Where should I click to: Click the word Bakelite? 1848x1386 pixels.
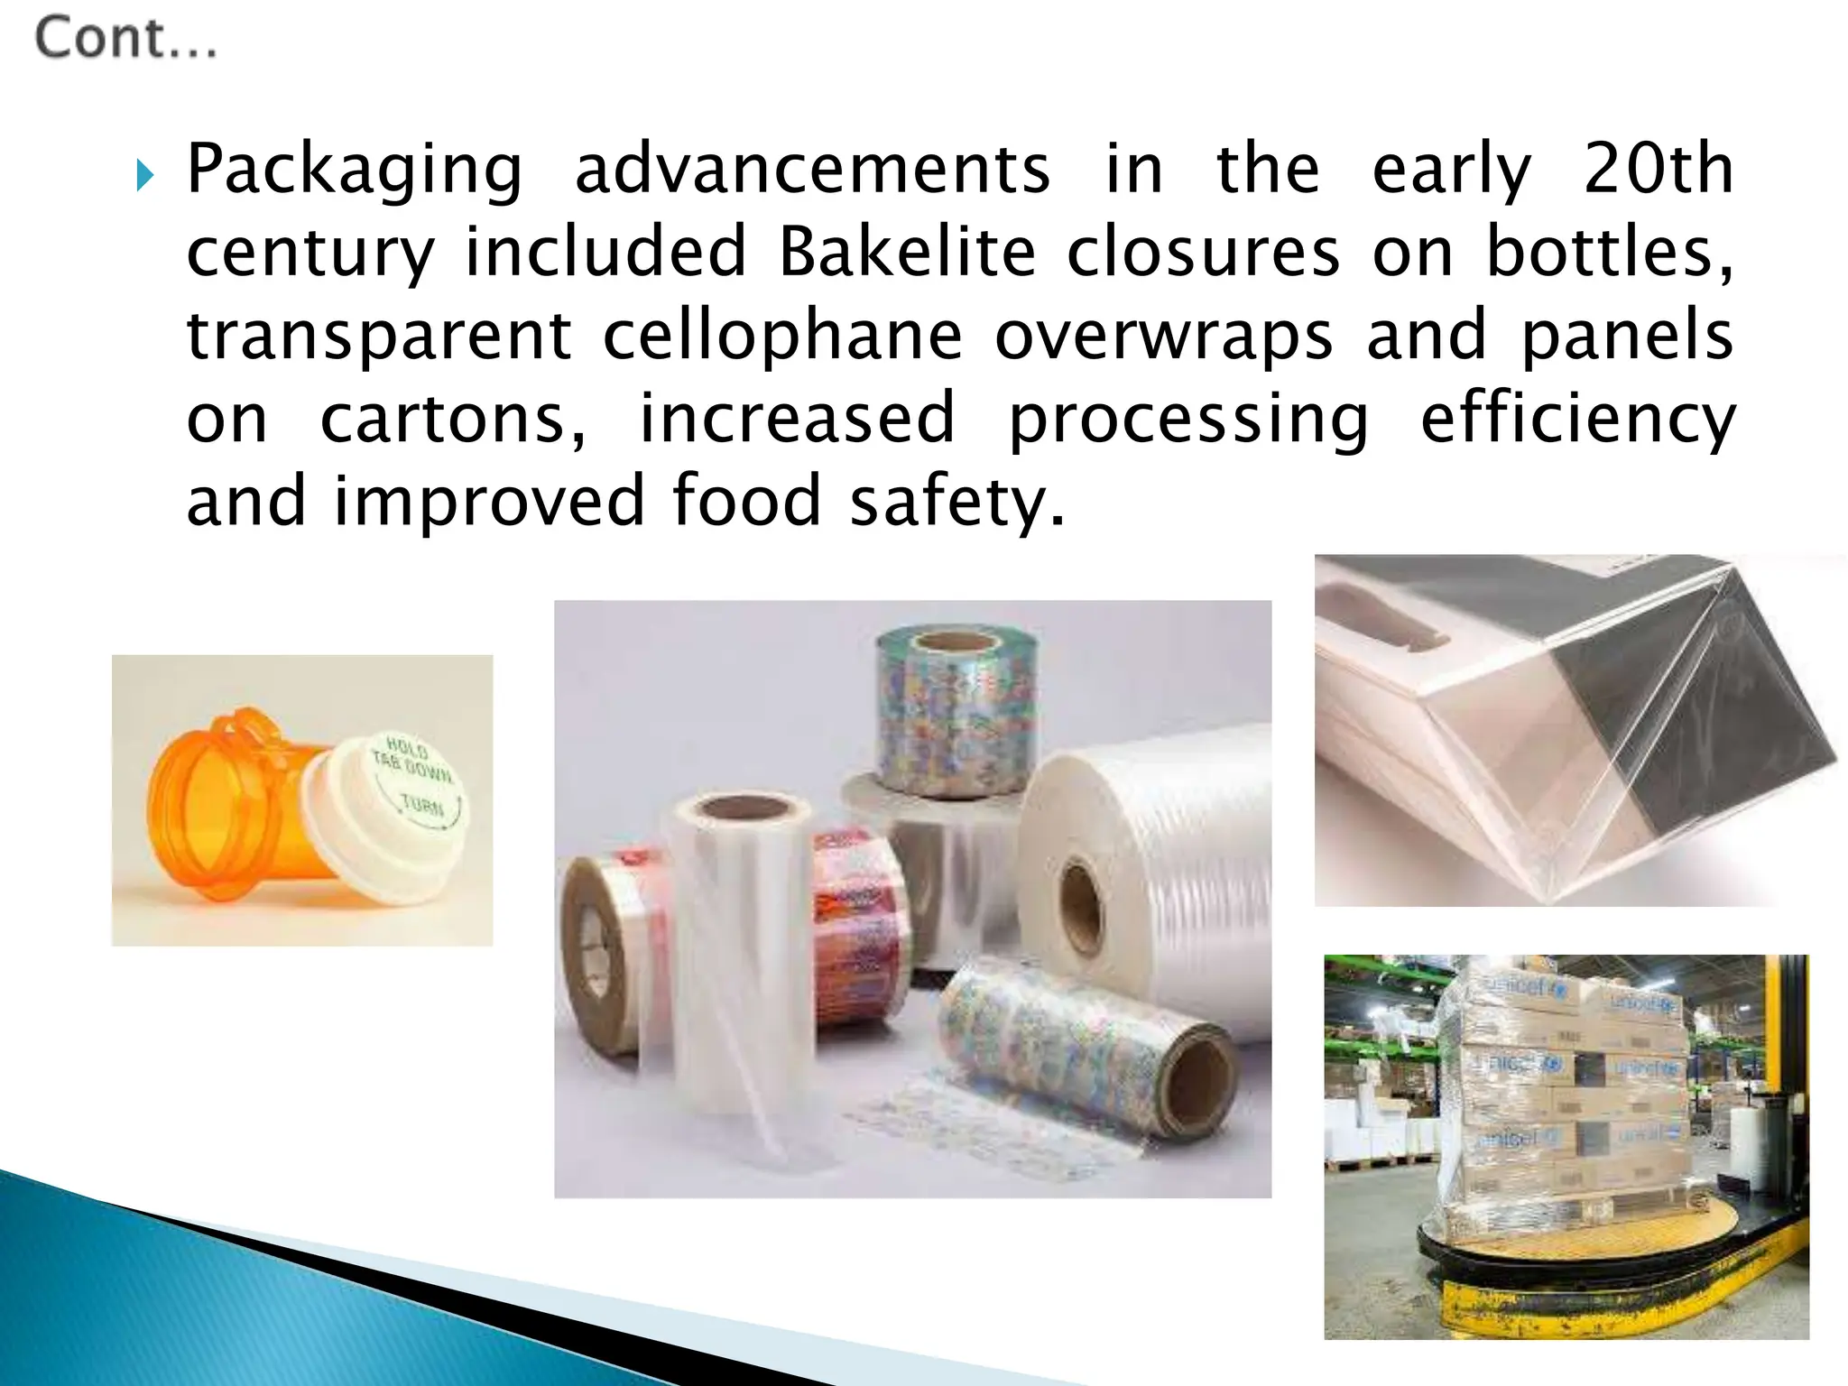pyautogui.click(x=907, y=252)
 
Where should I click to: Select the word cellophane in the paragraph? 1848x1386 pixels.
pyautogui.click(x=782, y=335)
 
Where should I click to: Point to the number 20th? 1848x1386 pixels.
pyautogui.click(x=1659, y=169)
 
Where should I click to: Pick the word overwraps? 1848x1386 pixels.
pyautogui.click(x=1163, y=336)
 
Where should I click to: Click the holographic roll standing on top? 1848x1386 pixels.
pyautogui.click(x=956, y=713)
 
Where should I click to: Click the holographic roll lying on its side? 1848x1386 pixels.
pyautogui.click(x=1083, y=1056)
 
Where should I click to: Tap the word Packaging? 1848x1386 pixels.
pyautogui.click(x=355, y=170)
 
